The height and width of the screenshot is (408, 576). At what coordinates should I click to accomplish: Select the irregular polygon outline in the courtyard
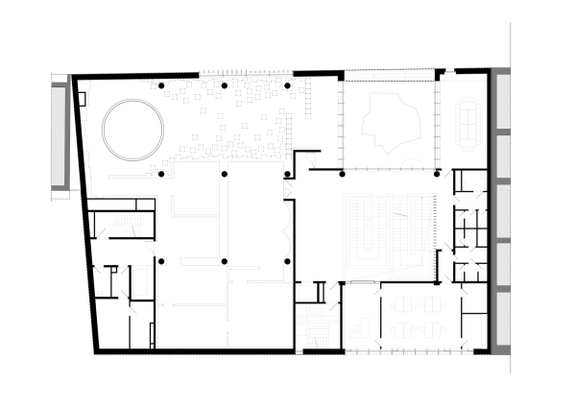click(x=390, y=125)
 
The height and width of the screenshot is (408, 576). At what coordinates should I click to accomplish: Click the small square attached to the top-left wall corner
click(x=83, y=98)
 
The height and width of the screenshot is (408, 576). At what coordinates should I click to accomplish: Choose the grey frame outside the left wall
click(x=60, y=134)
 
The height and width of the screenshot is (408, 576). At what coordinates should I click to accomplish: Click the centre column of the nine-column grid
click(x=225, y=174)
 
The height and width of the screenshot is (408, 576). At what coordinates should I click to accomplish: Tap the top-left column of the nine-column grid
click(x=161, y=86)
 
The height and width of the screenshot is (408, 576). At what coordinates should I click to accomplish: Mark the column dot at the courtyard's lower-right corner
click(x=437, y=174)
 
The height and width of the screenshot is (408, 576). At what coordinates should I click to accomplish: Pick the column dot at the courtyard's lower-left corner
click(x=342, y=174)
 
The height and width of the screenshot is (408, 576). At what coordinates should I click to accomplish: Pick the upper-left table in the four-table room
click(x=401, y=304)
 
